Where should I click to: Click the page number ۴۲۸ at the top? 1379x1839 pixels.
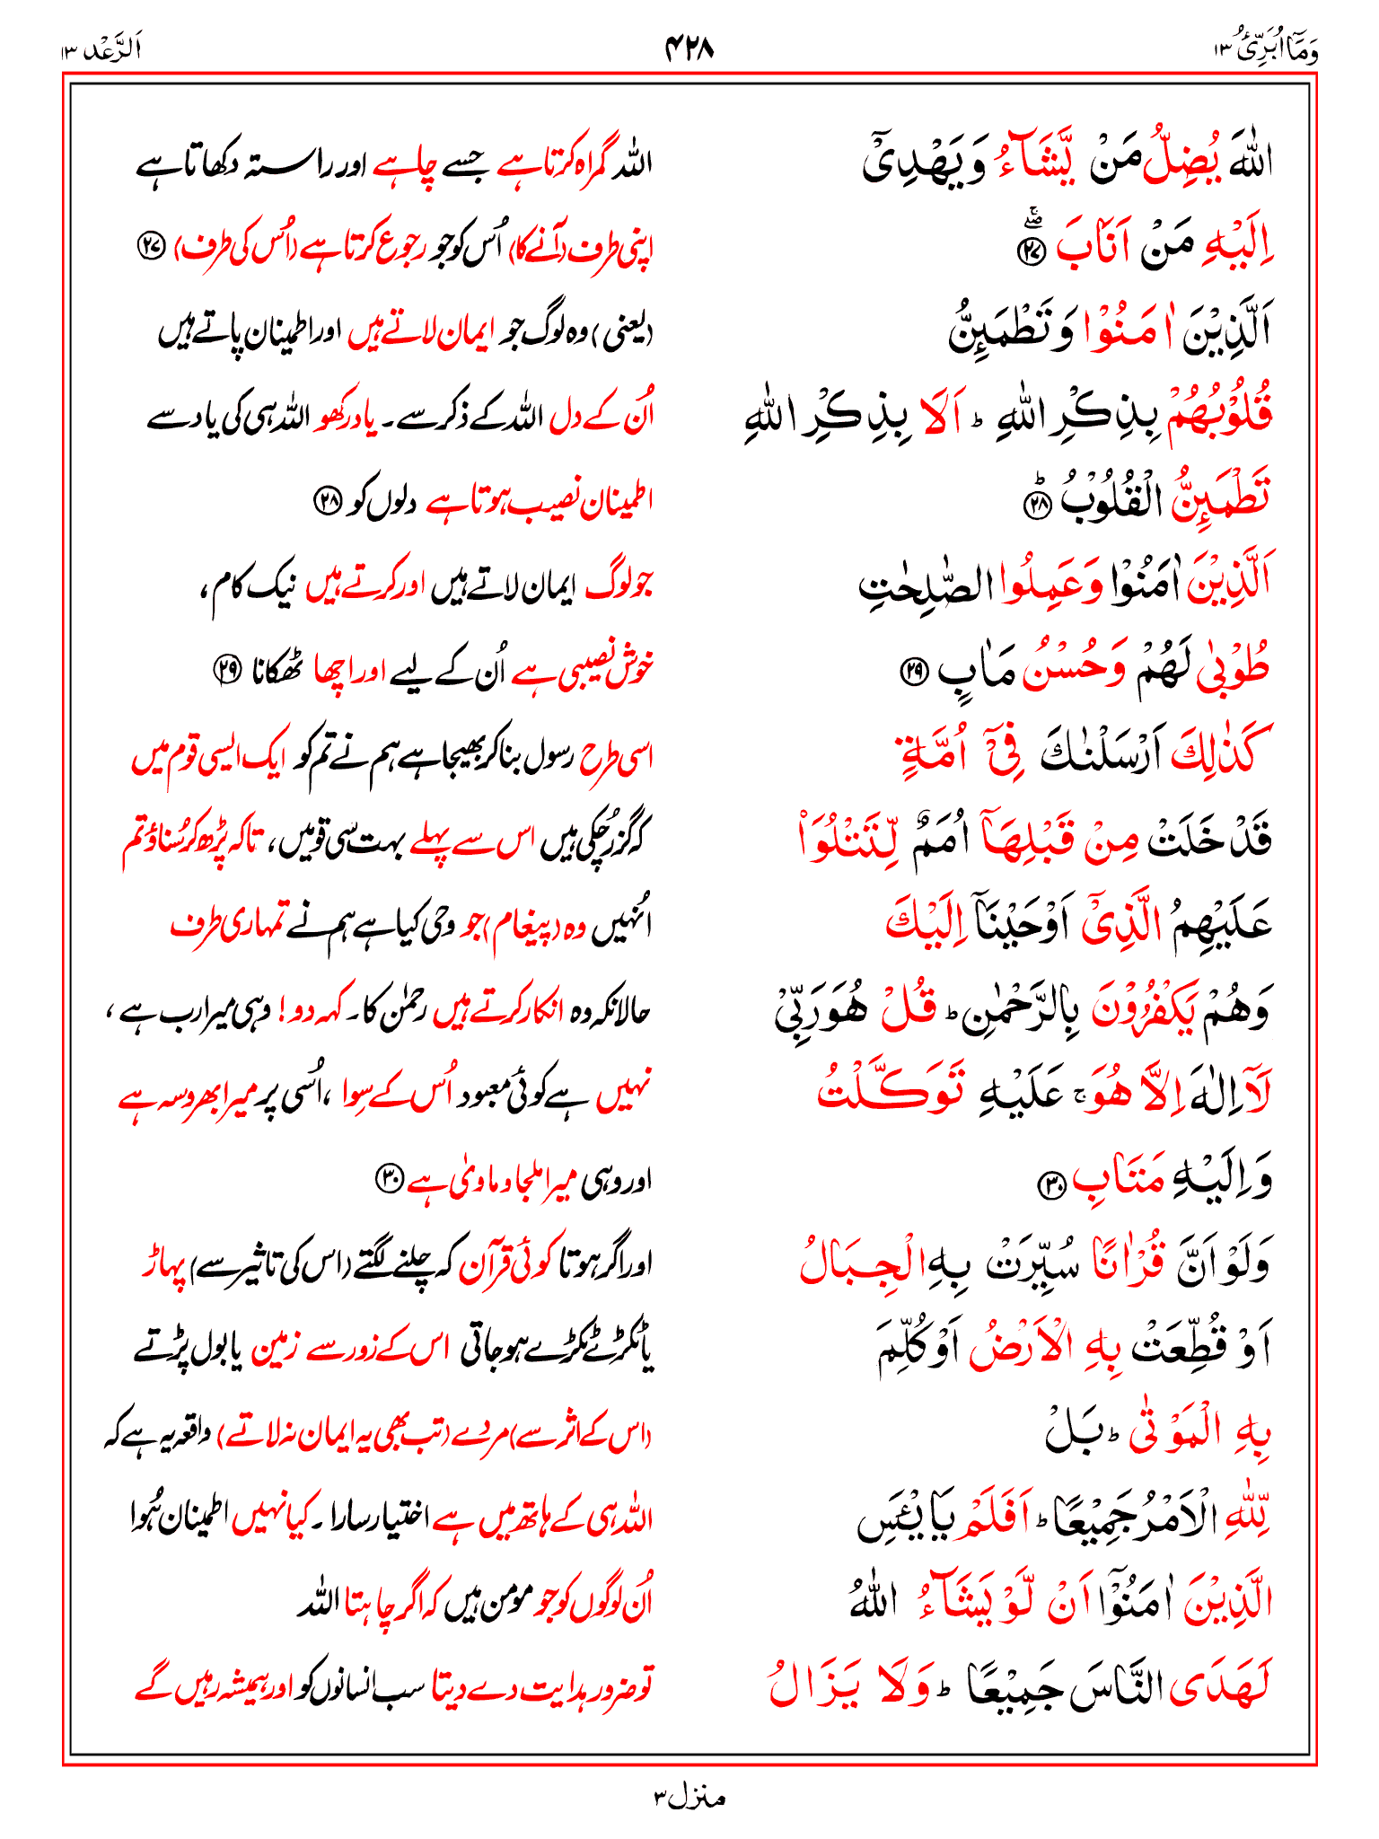pos(689,47)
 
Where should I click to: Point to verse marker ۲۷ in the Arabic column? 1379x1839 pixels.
pos(1029,251)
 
